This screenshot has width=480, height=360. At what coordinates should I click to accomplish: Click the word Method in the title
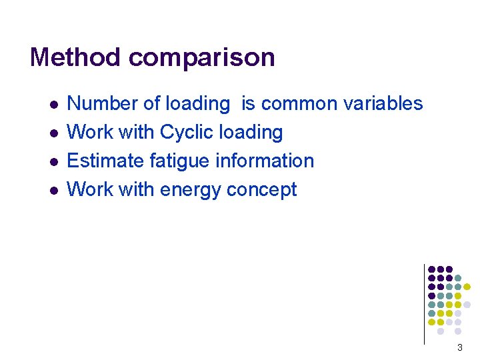[x=76, y=57]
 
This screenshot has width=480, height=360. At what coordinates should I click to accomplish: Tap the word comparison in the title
[x=202, y=59]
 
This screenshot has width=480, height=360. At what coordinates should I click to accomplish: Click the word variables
[x=383, y=104]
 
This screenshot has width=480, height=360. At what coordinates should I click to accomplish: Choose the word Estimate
[x=105, y=161]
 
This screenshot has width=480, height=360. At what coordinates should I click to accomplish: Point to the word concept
[x=261, y=190]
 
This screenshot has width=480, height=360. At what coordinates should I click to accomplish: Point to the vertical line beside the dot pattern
[x=424, y=304]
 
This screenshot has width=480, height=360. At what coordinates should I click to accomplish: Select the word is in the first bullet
[x=248, y=104]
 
